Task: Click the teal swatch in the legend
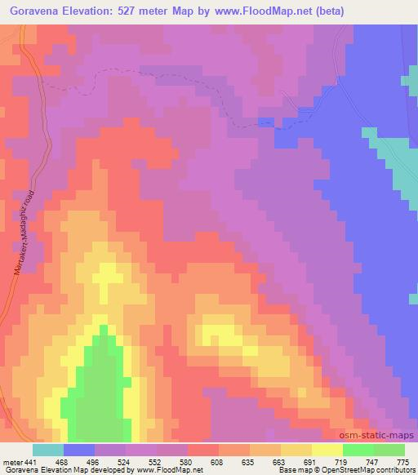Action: (48, 450)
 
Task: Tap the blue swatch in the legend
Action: (79, 450)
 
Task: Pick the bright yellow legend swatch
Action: (327, 450)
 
